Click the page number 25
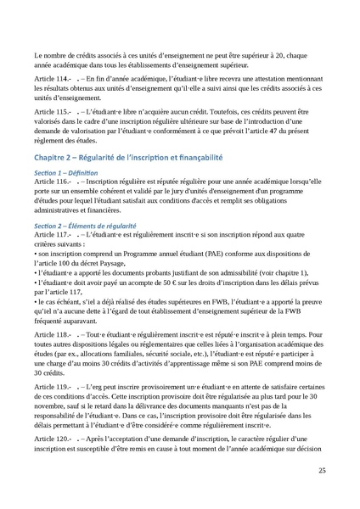322,471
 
